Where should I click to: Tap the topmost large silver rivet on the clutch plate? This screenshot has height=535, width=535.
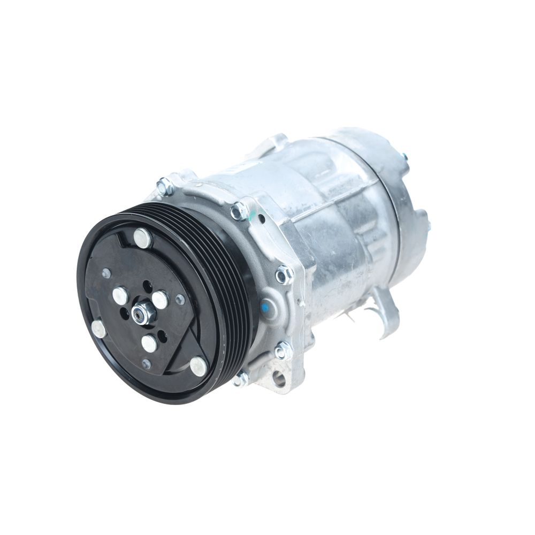(142, 238)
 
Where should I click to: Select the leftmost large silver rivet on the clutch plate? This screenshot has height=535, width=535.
(99, 328)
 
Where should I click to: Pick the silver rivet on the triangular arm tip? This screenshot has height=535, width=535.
(198, 366)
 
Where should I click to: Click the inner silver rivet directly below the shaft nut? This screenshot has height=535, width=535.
(149, 343)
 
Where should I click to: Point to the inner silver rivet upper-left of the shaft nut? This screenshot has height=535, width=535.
(120, 295)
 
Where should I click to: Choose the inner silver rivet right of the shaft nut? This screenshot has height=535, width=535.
(160, 300)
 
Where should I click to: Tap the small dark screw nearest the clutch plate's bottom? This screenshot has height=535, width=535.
(146, 364)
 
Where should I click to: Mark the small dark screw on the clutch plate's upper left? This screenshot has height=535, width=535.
(106, 273)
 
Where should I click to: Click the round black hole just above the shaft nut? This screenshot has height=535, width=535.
(148, 287)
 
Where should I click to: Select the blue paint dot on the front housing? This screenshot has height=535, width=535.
(264, 308)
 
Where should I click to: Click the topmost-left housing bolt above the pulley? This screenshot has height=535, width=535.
(164, 186)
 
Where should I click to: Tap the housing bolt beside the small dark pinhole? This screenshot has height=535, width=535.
(239, 211)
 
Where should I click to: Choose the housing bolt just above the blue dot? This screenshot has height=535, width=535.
(284, 274)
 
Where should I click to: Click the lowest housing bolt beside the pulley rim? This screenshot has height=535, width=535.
(241, 379)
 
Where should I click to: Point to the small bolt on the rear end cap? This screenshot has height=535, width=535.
(404, 157)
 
